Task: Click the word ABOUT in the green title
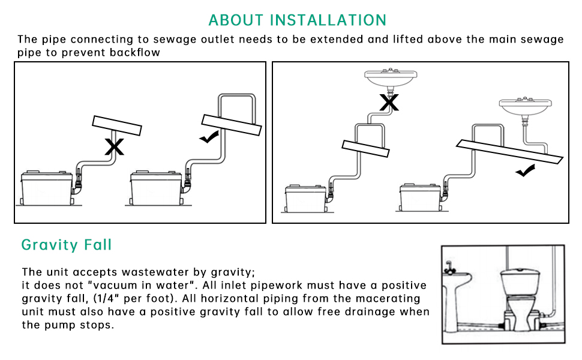tap(236, 20)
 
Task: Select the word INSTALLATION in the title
tap(328, 20)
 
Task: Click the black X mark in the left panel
tap(115, 146)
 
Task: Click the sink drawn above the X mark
tap(391, 78)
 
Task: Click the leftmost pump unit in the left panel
tap(47, 187)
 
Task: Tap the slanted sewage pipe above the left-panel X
tap(117, 125)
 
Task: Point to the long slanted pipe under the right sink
tap(510, 152)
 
